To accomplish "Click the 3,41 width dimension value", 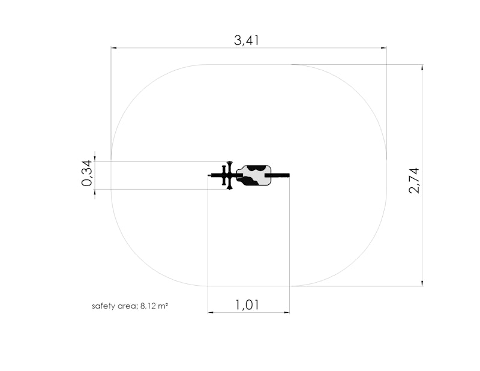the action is [247, 40].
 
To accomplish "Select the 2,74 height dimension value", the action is [414, 181].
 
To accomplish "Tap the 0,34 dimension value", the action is [86, 173].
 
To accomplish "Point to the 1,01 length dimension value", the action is [247, 305].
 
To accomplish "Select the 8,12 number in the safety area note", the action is [148, 306].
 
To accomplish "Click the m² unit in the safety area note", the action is [163, 306].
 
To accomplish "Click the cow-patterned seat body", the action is [254, 175].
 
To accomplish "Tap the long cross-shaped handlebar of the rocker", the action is [230, 175].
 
